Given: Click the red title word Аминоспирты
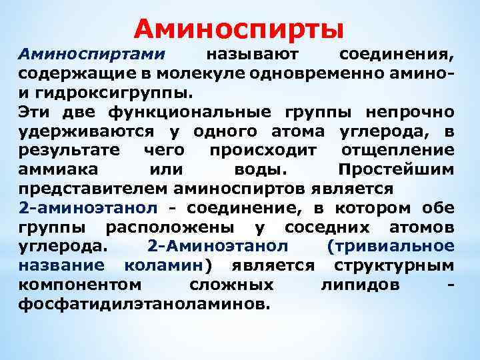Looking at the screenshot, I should click(x=239, y=28).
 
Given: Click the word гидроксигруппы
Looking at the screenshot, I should click(x=113, y=91).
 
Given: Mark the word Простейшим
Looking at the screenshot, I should click(x=397, y=168).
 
